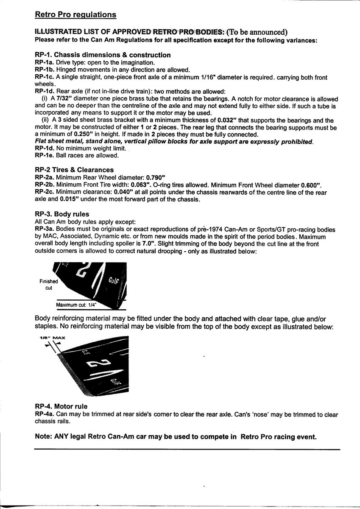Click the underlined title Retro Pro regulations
[75, 15]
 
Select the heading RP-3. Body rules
[61, 214]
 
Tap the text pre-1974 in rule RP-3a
[207, 229]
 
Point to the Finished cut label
[48, 285]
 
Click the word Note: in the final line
[45, 437]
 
